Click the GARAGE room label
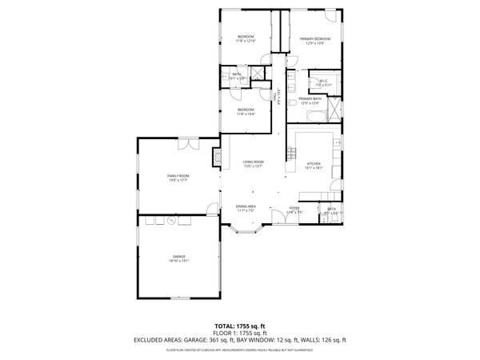click(x=178, y=256)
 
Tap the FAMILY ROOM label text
click(x=178, y=175)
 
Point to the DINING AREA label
click(x=246, y=206)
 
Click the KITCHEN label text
click(x=314, y=163)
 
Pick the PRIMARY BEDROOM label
click(x=315, y=38)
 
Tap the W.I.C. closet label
click(x=323, y=80)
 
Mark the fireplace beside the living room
click(x=216, y=158)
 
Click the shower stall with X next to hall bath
click(x=258, y=74)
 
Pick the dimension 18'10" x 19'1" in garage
click(x=178, y=261)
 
